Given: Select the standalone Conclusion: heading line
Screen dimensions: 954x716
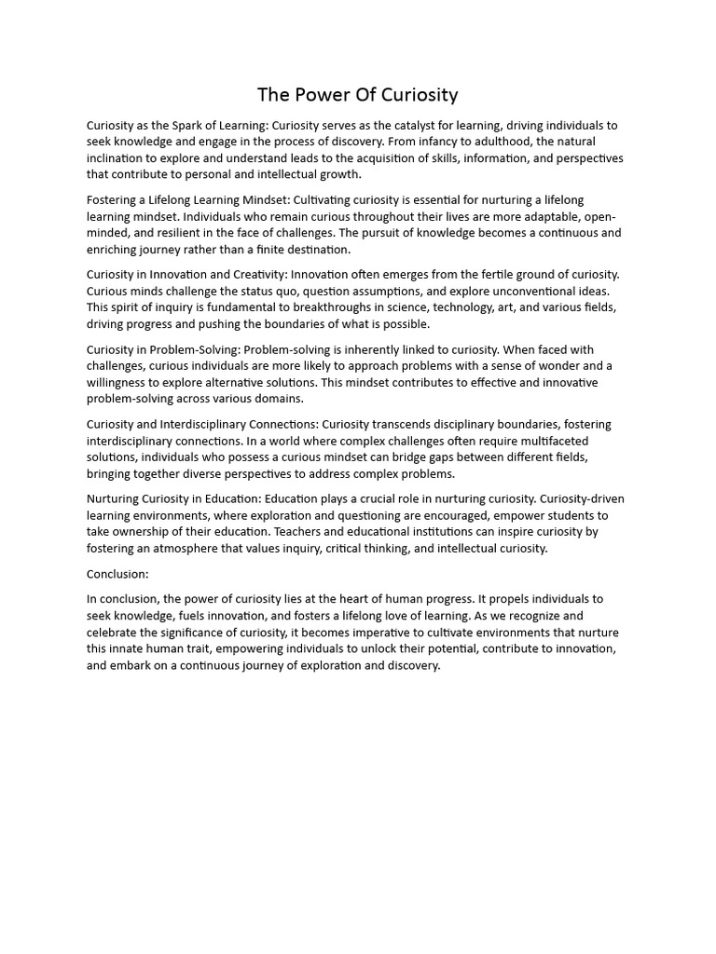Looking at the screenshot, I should point(117,574).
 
